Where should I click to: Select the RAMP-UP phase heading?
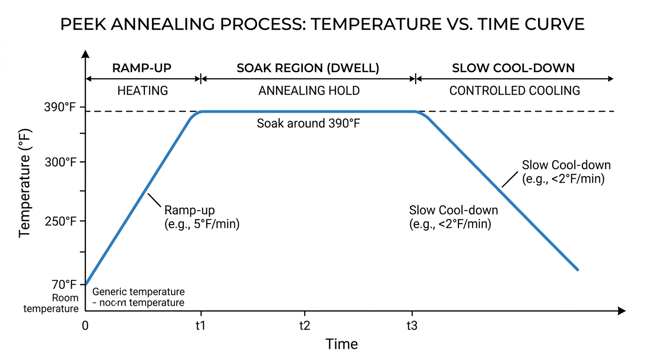(142, 68)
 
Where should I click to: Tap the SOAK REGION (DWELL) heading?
(308, 68)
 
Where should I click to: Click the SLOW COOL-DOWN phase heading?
(513, 68)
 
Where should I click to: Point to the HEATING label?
(142, 90)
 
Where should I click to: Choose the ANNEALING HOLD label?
(309, 90)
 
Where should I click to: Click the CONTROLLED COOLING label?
(515, 90)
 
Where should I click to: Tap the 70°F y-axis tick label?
(64, 285)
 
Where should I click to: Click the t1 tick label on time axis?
(201, 326)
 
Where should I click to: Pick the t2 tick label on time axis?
(305, 326)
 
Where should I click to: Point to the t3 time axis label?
(412, 326)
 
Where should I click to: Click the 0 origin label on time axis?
(85, 326)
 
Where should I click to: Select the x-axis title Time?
(342, 345)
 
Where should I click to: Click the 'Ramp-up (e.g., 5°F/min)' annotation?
(202, 217)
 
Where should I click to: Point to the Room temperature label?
(52, 303)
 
